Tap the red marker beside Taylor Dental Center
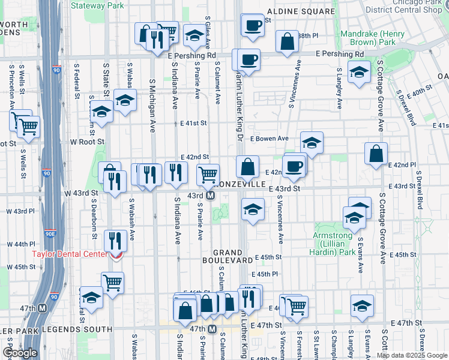(115, 254)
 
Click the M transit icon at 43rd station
(211, 196)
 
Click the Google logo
(20, 352)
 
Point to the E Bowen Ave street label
(270, 139)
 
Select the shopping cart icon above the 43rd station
(208, 175)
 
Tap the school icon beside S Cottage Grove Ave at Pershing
(359, 73)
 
